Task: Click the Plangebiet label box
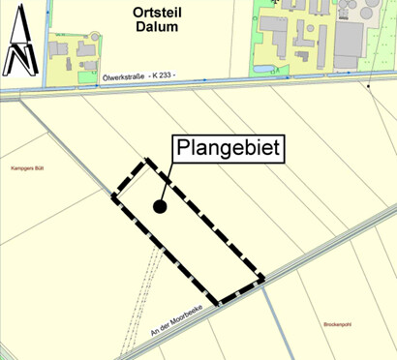[229, 148]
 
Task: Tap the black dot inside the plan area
[160, 205]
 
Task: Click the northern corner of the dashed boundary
[149, 162]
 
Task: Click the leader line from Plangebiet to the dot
[168, 183]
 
